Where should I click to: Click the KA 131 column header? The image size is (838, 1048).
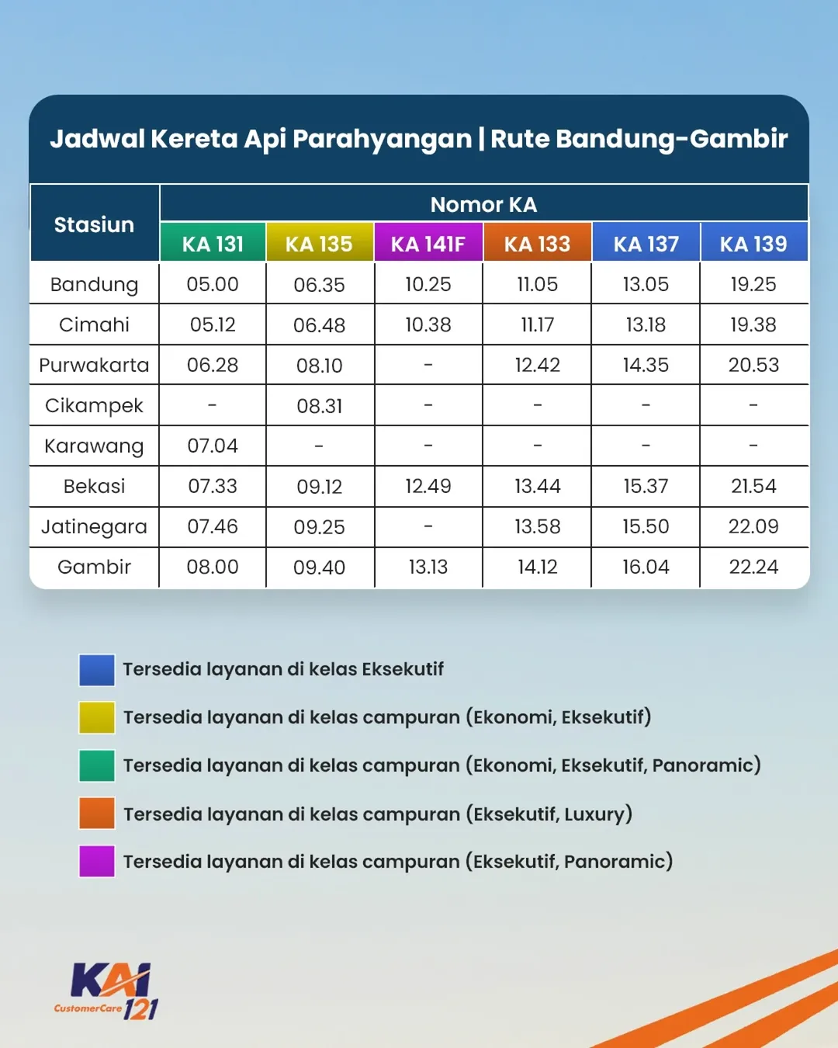coord(213,242)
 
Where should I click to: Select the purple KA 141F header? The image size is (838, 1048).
coord(428,242)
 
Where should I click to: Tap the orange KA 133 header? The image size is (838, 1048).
coord(537,242)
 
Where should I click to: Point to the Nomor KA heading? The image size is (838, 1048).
coord(483,204)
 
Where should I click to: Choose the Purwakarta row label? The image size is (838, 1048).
coord(94,365)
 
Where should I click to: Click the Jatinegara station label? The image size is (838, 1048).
coord(94,527)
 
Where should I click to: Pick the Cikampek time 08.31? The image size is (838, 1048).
coord(320,406)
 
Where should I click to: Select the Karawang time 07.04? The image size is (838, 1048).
coord(213,446)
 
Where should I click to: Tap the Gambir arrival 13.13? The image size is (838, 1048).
coord(428,567)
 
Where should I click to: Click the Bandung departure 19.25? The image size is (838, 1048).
coord(753,284)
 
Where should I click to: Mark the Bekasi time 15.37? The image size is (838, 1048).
coord(646,486)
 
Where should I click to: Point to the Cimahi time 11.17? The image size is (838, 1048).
coord(537,324)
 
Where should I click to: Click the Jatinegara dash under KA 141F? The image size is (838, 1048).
coord(428,526)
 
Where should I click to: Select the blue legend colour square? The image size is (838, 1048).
coord(97,670)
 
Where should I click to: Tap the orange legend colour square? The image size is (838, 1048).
coord(97,814)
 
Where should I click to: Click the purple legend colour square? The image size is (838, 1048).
coord(97,862)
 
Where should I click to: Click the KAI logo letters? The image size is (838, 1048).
coord(110,980)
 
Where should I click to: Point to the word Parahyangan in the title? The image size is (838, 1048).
coord(383,139)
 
